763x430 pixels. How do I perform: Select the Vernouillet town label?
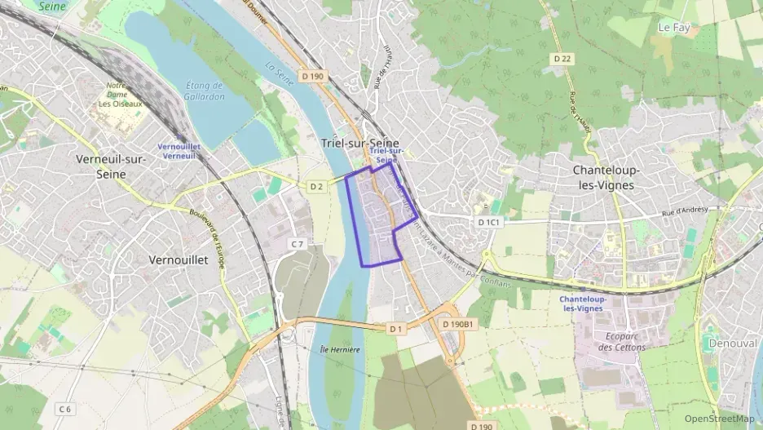click(179, 259)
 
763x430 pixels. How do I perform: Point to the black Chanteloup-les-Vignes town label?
click(603, 178)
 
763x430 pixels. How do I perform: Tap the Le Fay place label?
click(673, 27)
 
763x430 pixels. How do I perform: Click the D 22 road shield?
click(562, 58)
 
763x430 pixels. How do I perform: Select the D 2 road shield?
click(317, 187)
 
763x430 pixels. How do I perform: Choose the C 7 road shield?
click(298, 244)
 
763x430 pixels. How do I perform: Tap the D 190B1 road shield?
click(457, 324)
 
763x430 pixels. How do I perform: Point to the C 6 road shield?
click(65, 408)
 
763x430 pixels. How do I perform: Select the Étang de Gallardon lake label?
click(205, 91)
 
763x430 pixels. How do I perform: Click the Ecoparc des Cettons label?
click(621, 341)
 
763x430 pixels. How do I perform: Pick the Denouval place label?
click(734, 343)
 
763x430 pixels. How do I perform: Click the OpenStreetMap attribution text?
click(719, 419)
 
